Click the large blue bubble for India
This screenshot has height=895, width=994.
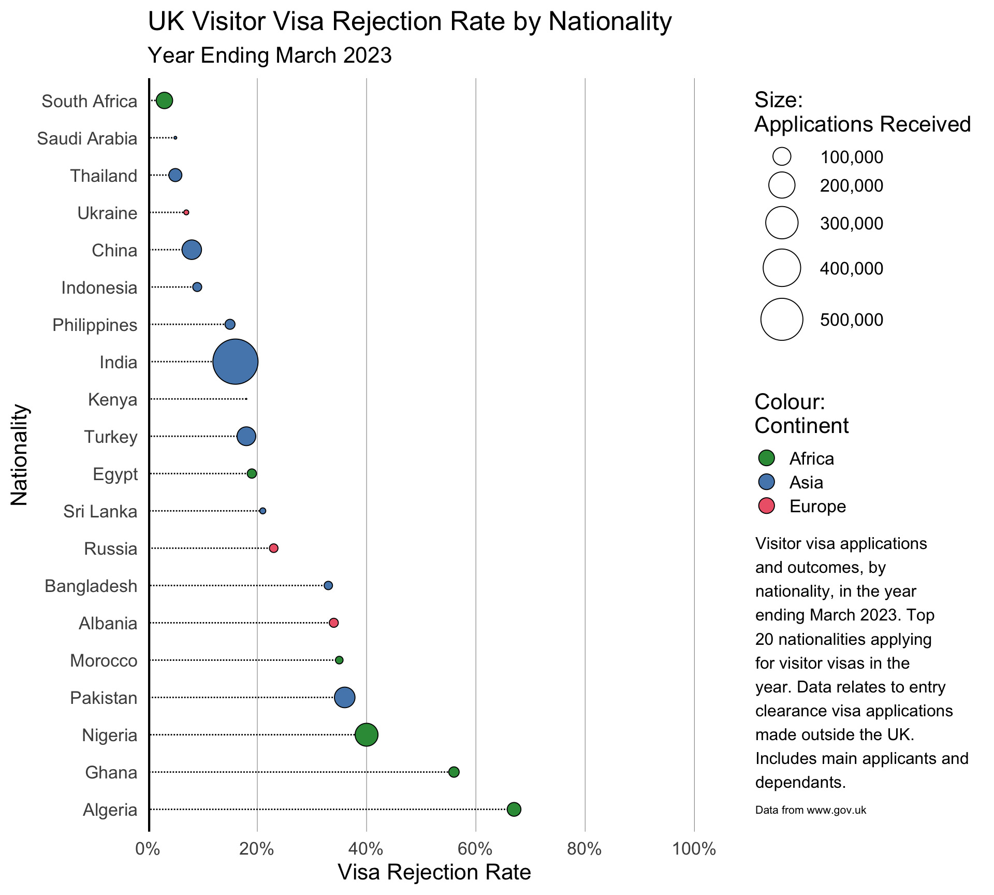coord(235,362)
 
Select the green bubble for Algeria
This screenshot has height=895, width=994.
coord(514,809)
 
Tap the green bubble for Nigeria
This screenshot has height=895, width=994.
coord(367,734)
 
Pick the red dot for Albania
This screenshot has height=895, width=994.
coord(334,623)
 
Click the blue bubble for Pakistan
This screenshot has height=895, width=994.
coord(345,697)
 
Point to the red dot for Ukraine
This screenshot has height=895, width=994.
coord(186,212)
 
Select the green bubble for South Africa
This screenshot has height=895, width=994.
coord(164,100)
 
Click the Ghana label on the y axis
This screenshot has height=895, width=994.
coord(111,772)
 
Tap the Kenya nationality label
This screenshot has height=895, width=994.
coord(112,399)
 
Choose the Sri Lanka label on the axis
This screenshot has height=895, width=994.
coord(100,511)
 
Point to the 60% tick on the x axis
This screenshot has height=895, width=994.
coord(475,849)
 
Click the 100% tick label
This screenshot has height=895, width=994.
coord(694,849)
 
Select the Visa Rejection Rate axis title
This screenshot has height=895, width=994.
coord(434,872)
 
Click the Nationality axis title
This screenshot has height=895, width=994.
coord(19,454)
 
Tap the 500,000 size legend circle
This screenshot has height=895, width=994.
coord(782,320)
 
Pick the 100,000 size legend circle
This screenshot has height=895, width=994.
coord(782,156)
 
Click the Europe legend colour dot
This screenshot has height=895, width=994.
coord(766,506)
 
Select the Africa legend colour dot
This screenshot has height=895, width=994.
coord(766,458)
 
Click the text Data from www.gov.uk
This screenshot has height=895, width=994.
coord(810,810)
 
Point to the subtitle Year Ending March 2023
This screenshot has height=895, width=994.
coord(270,55)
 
